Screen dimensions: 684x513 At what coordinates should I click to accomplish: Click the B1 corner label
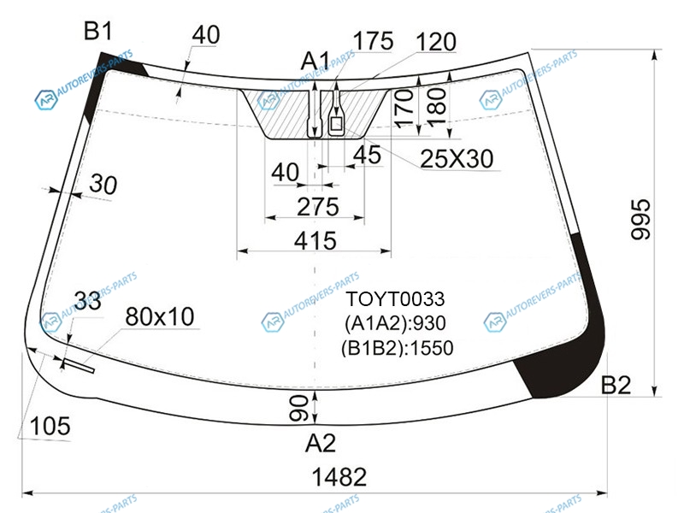point(98,32)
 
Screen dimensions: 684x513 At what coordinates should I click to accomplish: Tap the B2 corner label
point(616,386)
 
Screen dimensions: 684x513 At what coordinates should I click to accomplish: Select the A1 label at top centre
point(315,61)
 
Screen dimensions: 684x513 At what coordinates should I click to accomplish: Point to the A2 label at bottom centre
point(321,444)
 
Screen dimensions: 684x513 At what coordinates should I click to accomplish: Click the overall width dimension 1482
point(339,477)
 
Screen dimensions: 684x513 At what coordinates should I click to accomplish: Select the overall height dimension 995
point(640,219)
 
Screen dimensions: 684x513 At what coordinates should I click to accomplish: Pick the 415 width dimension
point(315,240)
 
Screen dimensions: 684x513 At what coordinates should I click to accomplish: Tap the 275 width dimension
point(318,207)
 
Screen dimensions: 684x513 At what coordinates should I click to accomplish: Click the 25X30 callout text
point(457,159)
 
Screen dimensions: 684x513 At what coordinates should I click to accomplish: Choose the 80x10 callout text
point(160,316)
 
